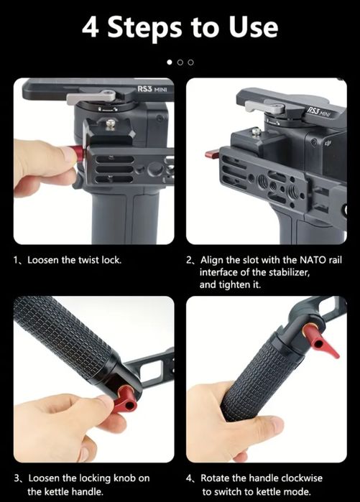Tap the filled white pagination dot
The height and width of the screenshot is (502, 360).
tap(170, 62)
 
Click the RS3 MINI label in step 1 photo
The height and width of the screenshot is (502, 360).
tap(152, 88)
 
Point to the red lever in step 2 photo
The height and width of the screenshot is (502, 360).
tap(213, 154)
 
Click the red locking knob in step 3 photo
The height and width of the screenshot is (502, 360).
tap(126, 399)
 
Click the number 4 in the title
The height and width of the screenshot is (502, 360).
tap(90, 28)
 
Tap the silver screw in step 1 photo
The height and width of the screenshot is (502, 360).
tap(110, 124)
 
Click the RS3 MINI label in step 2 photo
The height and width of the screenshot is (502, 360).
tap(319, 112)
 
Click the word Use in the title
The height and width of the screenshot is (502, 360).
tap(253, 27)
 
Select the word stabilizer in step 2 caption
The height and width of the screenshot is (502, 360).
tap(289, 272)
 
